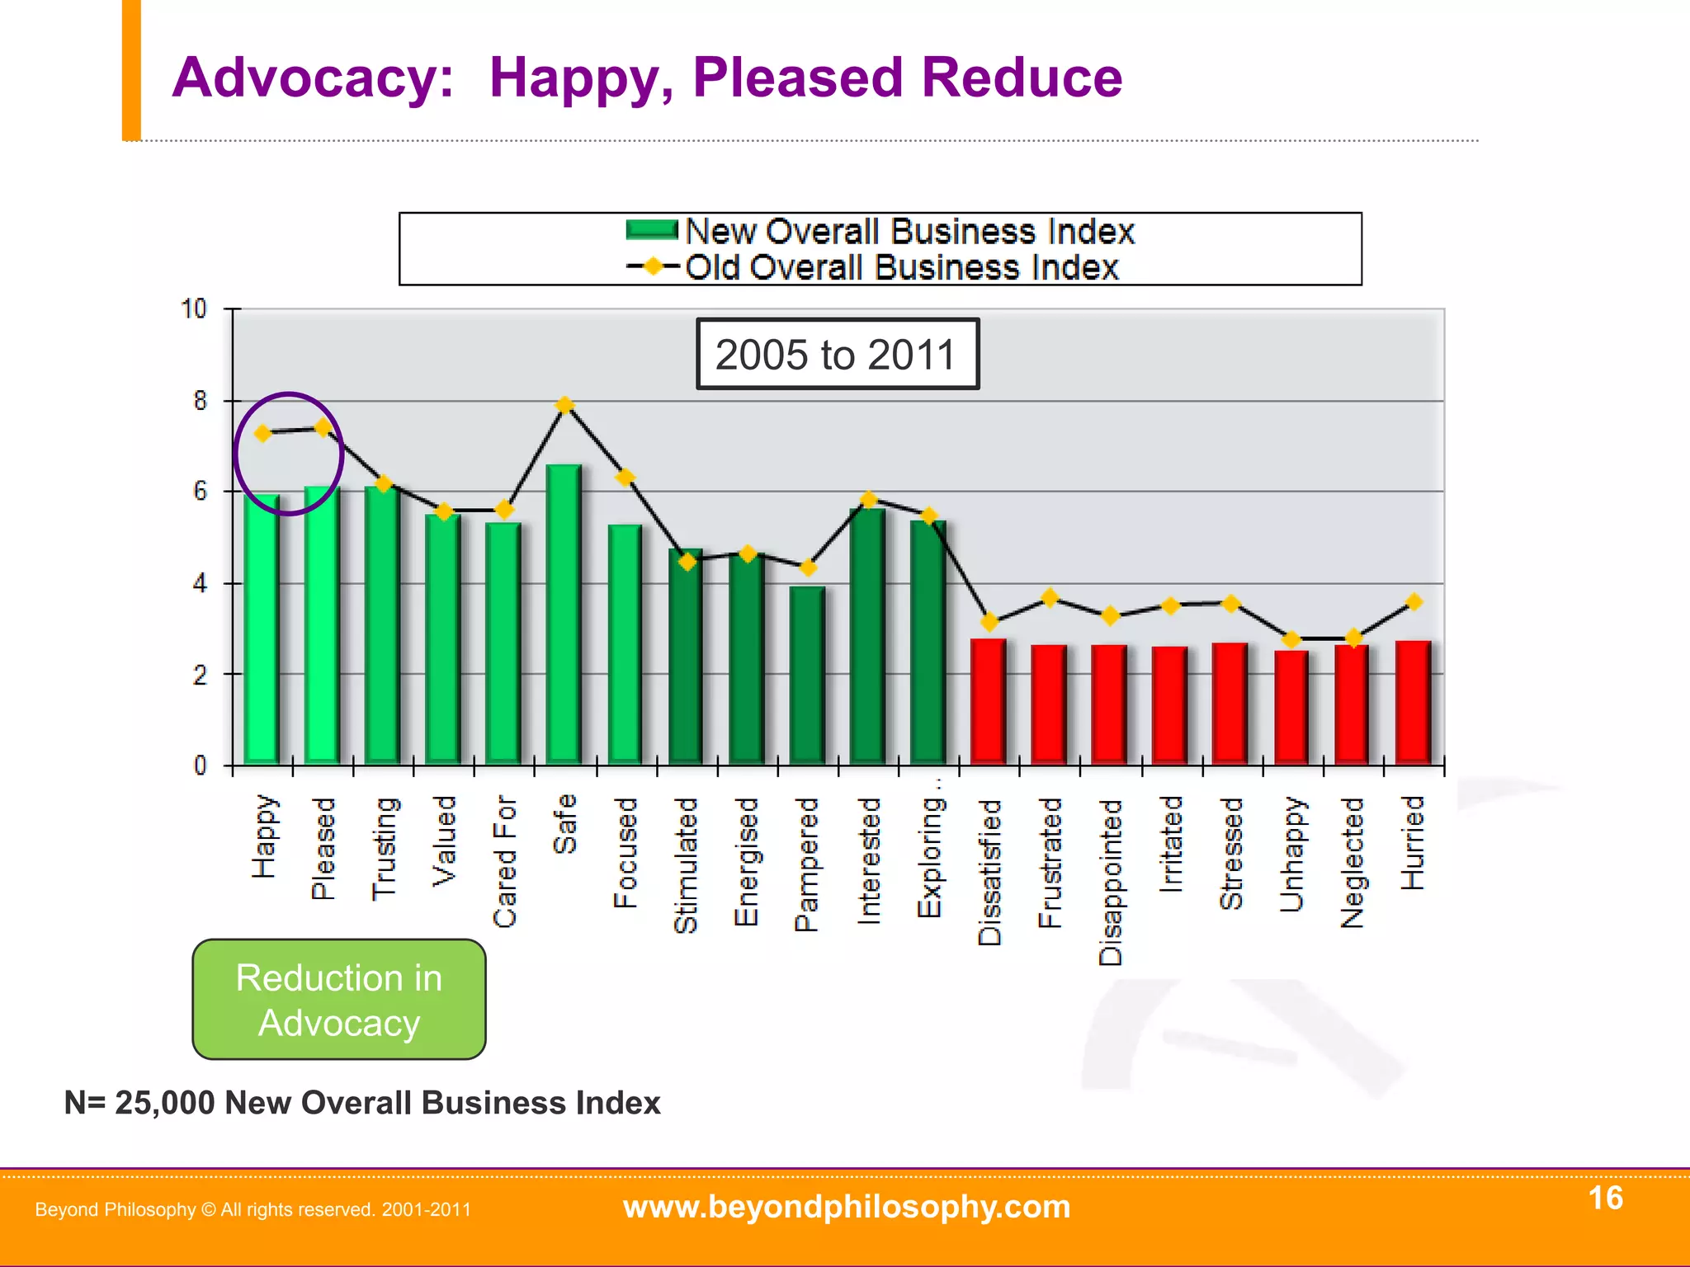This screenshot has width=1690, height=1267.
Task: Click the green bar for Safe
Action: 564,615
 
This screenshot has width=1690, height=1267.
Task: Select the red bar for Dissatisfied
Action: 988,701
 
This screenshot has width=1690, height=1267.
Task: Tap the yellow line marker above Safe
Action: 565,405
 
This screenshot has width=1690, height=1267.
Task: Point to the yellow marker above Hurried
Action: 1414,602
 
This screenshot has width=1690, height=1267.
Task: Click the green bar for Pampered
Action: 806,675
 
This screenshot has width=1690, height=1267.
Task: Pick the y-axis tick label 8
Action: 201,402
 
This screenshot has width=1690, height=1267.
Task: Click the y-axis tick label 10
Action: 194,309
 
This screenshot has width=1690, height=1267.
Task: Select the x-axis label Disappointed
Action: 1111,881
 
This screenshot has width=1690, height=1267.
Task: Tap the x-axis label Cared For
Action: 505,861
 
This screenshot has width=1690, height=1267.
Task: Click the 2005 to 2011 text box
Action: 837,355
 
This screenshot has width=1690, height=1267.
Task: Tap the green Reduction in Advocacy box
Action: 339,999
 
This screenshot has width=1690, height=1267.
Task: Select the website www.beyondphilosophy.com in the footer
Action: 847,1207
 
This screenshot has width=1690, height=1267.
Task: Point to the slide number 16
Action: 1605,1198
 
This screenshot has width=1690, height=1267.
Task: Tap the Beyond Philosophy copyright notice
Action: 253,1210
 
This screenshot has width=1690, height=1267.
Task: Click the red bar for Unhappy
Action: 1291,707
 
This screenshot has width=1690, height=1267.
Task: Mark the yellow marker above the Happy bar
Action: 263,434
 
